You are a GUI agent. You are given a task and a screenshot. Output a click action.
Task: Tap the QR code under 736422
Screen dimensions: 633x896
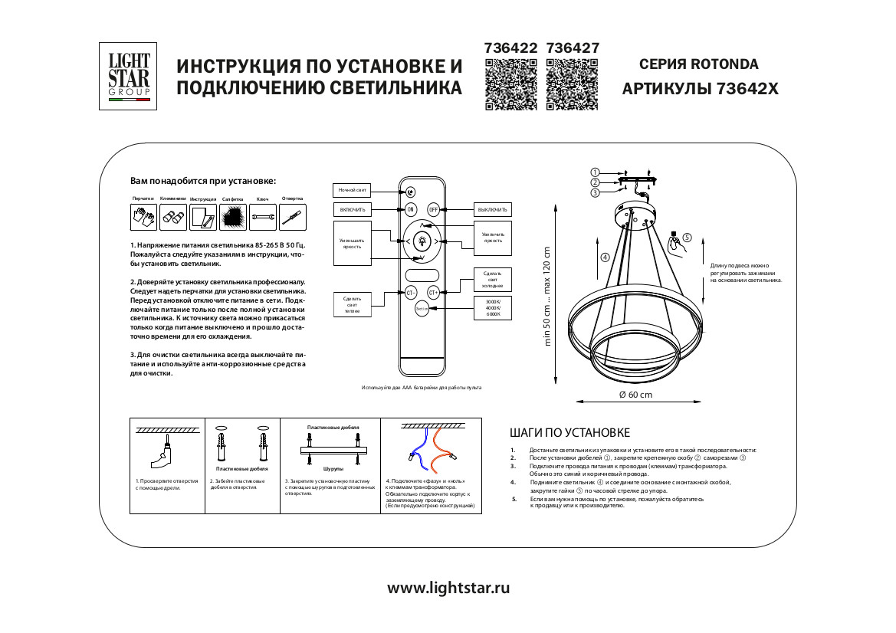[512, 86]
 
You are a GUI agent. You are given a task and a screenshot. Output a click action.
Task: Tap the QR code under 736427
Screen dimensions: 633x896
[573, 86]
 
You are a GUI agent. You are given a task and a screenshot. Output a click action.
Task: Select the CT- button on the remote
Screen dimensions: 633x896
[411, 293]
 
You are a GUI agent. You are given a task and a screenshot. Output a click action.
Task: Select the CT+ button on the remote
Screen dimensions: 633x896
[433, 293]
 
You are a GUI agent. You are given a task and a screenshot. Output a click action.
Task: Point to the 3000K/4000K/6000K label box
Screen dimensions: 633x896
[487, 308]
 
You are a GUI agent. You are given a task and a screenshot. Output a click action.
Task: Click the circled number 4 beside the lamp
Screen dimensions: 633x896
[605, 257]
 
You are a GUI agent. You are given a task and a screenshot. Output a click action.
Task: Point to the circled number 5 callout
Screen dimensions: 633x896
[688, 238]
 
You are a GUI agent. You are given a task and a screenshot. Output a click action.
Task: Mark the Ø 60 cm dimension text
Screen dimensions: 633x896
[635, 395]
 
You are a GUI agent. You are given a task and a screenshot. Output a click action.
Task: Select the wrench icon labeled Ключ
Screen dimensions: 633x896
[263, 218]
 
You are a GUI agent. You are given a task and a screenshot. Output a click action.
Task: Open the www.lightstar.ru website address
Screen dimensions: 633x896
[448, 589]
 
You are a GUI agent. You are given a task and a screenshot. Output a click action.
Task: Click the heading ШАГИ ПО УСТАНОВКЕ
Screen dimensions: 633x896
[569, 434]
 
